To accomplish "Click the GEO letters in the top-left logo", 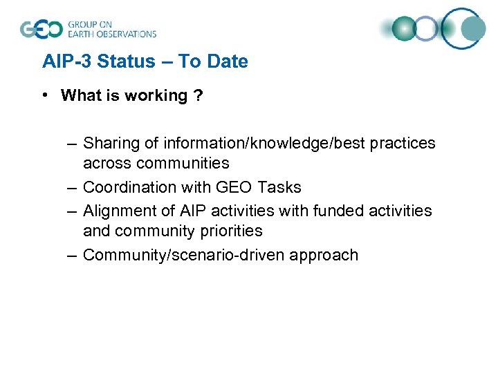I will click(x=41, y=29).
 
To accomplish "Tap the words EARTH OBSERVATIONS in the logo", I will click(x=111, y=34).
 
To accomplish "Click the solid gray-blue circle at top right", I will click(x=474, y=29).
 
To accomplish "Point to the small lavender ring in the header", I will click(x=427, y=29).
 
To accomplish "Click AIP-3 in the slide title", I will click(x=64, y=61).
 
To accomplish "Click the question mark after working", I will click(x=199, y=95).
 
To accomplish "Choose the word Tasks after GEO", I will click(x=279, y=187).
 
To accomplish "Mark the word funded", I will click(x=339, y=210).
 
